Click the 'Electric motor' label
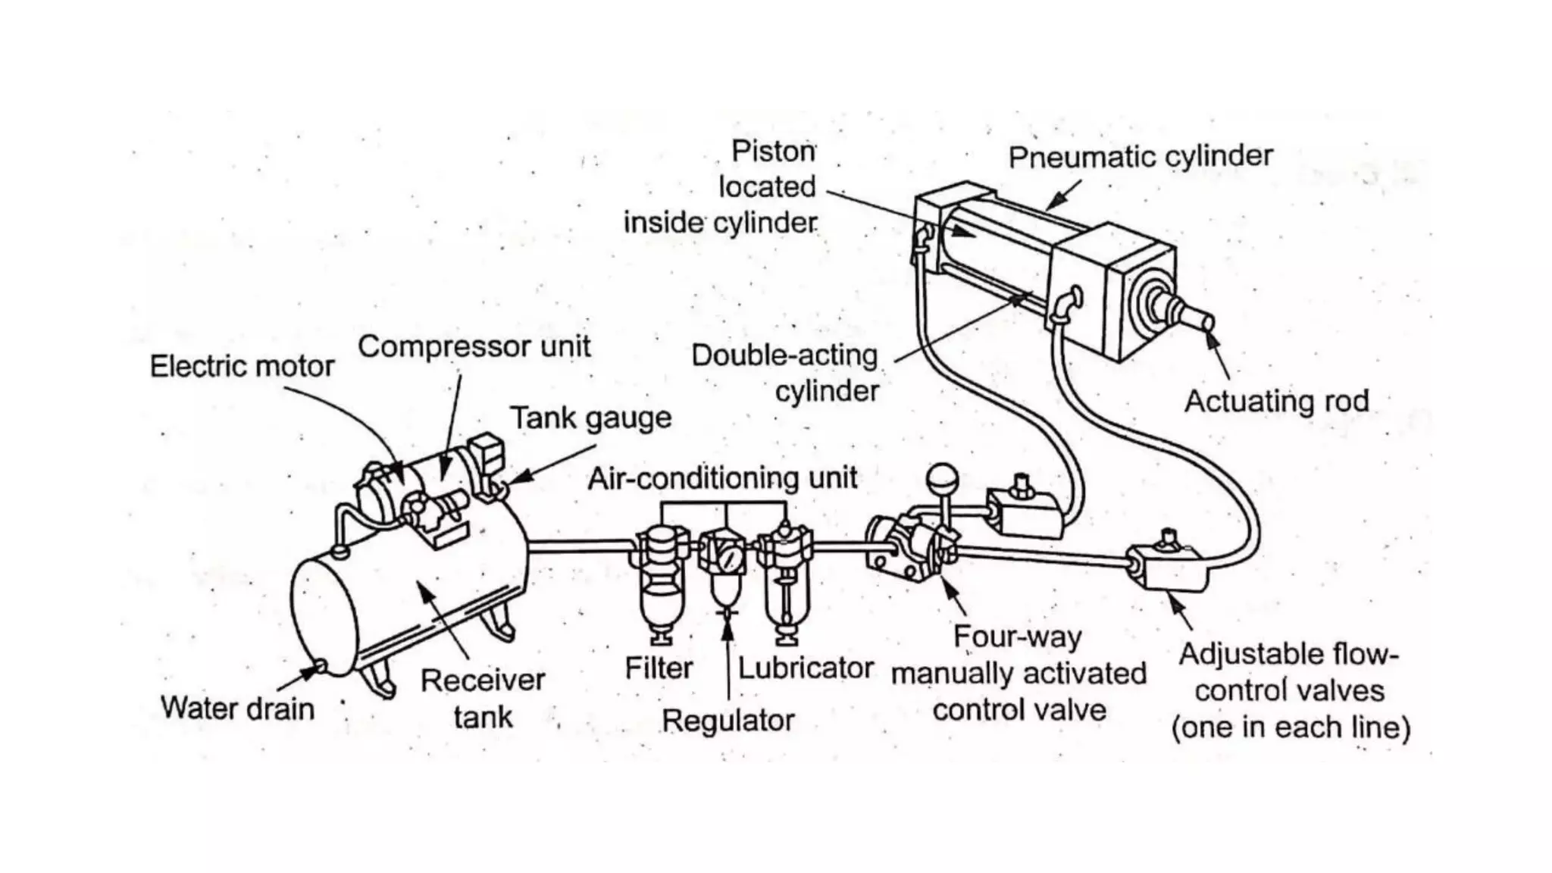(242, 367)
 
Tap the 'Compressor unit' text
(474, 347)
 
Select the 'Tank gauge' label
(590, 418)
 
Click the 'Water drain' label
(237, 709)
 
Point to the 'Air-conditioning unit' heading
(722, 478)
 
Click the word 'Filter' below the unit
(658, 668)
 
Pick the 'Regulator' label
(727, 721)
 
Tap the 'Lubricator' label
(805, 668)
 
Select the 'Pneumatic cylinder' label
(1140, 157)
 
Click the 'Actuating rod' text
(1276, 402)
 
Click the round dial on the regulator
(731, 560)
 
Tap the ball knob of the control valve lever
(942, 478)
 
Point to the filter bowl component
(662, 599)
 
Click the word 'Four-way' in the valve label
(1017, 637)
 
